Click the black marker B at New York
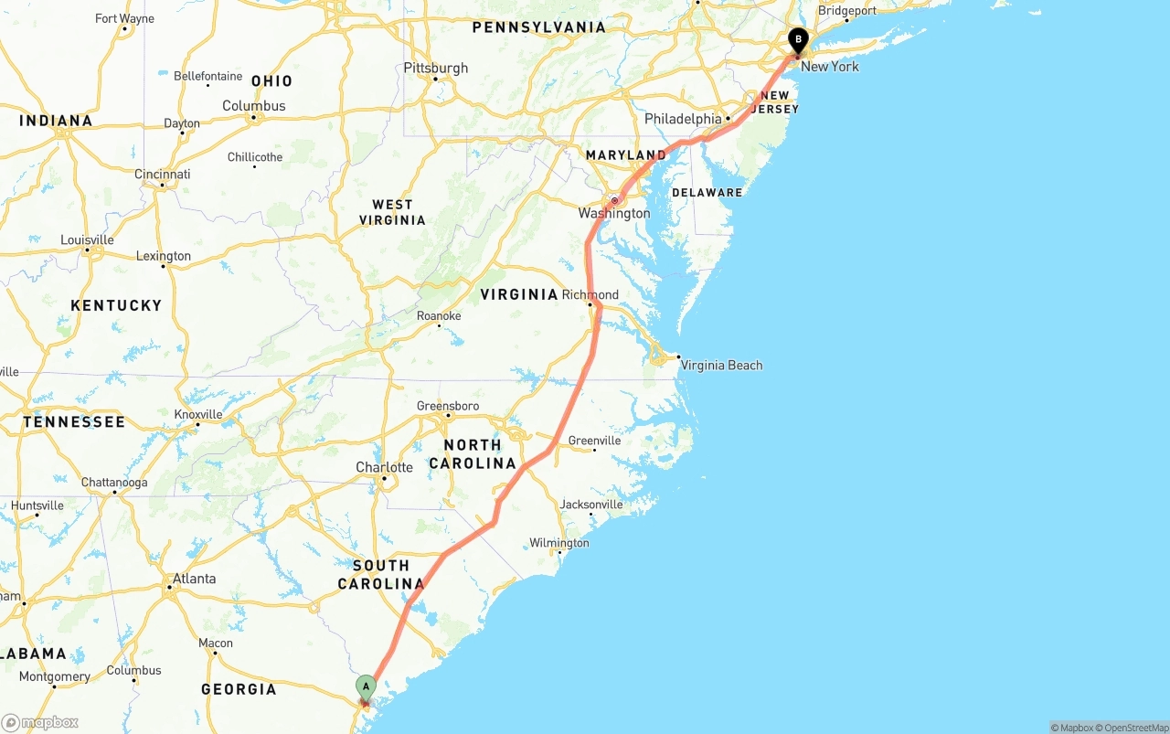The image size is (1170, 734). coord(798,40)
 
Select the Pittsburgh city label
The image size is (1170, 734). coord(436,68)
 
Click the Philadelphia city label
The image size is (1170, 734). coord(683,119)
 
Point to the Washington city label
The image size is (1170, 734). coord(614,213)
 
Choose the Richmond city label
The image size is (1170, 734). coord(590,294)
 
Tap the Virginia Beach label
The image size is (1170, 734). coord(721,365)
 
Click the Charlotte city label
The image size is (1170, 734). coord(384,467)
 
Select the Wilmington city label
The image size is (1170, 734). coord(559,543)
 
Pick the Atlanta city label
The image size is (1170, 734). coord(195,579)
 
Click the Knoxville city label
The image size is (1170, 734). coord(198,414)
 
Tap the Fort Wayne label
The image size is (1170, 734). coord(125,18)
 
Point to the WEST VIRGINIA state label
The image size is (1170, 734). coord(392,212)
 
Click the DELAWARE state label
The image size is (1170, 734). coord(707,193)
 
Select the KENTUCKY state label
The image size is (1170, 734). coord(116,305)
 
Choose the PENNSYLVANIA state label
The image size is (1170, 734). coord(538,27)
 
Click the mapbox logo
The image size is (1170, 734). coord(40,722)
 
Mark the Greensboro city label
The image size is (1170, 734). coord(448,406)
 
